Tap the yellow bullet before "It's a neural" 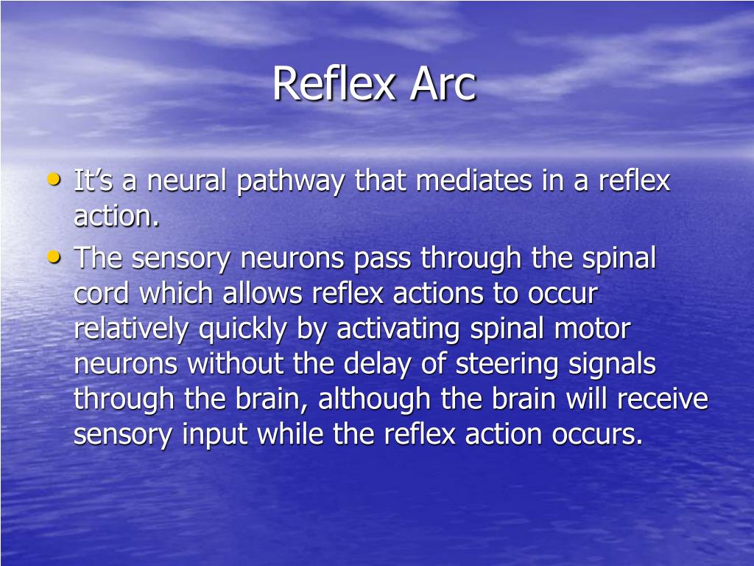54,179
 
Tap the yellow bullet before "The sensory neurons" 54,256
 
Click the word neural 187,181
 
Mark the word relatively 131,329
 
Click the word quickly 243,329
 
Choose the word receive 662,399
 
